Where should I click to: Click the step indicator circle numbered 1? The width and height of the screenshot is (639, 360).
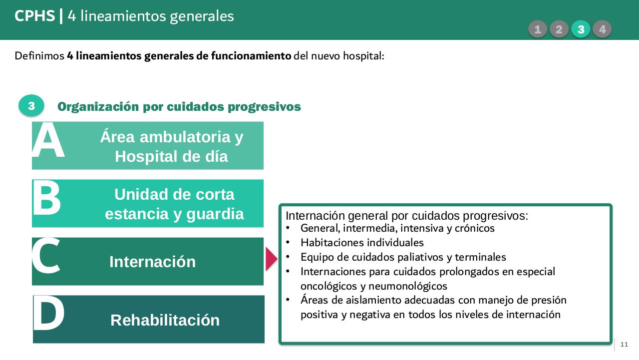pos(538,29)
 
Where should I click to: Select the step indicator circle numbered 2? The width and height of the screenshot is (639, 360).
pos(559,29)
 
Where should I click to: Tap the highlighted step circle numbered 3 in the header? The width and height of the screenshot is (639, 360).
pos(581,29)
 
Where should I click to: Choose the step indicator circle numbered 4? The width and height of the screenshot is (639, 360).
pos(602,29)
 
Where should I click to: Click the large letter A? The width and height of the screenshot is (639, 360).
pos(48,142)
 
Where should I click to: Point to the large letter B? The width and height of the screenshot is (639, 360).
pos(46,199)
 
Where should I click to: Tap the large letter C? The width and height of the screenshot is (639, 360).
pos(46,257)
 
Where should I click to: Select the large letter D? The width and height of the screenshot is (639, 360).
pos(48,314)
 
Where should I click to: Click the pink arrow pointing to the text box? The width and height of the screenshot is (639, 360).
pos(271,259)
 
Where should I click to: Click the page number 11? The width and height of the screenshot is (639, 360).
pos(625,345)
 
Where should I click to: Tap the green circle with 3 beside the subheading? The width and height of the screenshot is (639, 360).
pos(31,106)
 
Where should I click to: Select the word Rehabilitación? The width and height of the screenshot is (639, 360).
pos(165,320)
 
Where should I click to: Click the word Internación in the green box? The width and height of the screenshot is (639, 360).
pos(152,262)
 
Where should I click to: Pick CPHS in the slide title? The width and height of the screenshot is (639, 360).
pos(34,16)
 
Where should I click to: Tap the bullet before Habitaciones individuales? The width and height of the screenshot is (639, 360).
pos(288,243)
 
